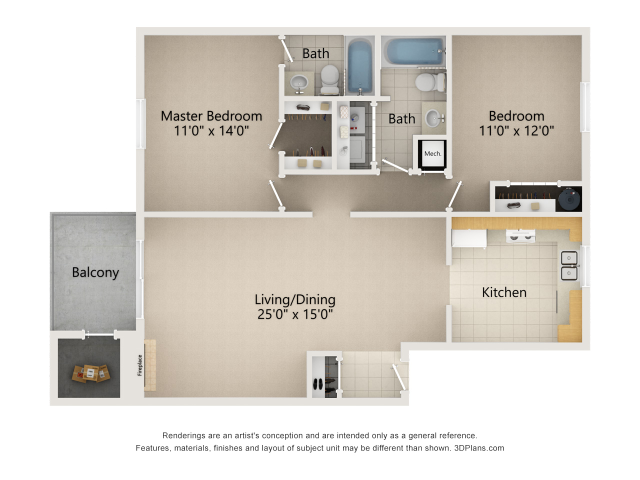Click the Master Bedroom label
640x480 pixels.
point(211,116)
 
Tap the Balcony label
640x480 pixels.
point(95,272)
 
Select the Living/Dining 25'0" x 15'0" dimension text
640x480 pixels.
point(295,314)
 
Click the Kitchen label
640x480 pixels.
point(504,292)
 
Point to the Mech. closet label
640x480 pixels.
point(432,154)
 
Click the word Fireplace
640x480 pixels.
point(140,365)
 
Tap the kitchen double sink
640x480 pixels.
point(569,265)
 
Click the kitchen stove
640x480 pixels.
point(520,235)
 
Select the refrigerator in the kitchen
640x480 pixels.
point(469,238)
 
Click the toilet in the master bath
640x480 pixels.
point(329,78)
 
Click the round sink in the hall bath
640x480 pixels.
point(433,119)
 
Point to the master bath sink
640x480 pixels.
point(299,82)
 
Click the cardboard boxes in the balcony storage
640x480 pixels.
point(90,373)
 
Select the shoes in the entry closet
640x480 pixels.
point(318,384)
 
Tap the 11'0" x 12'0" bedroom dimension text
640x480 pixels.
point(516,131)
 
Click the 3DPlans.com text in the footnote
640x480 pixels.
point(479,448)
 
